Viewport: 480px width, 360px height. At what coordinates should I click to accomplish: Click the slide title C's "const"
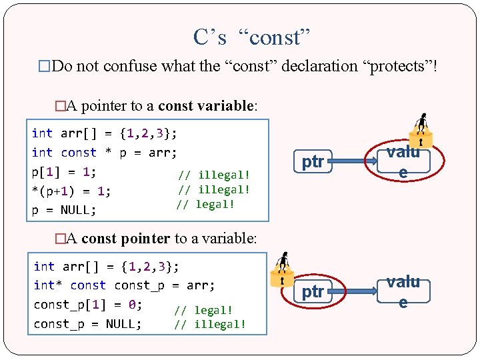tap(252, 37)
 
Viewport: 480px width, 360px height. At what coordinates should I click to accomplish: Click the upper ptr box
tap(313, 161)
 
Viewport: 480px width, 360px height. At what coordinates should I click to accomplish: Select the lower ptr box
tap(313, 291)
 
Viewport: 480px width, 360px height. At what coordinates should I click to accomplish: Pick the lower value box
tap(403, 291)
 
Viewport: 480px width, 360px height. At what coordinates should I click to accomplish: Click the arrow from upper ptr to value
tap(353, 161)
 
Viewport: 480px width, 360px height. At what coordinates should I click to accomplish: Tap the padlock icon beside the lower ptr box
tap(282, 269)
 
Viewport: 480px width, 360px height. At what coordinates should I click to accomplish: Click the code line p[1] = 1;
tap(64, 171)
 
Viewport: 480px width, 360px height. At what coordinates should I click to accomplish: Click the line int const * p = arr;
tap(104, 153)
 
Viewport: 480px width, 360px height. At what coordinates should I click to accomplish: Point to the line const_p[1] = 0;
tap(87, 305)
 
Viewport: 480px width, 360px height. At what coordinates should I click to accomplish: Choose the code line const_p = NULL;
tap(87, 324)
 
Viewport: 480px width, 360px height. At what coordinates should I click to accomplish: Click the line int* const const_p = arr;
tap(124, 285)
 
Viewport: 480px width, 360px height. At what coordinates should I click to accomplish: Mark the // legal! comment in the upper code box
tap(205, 205)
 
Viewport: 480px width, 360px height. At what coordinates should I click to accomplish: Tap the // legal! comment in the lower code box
tap(203, 310)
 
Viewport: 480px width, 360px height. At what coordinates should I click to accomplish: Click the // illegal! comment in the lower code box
tap(210, 325)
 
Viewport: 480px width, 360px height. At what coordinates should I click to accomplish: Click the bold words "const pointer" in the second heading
tap(125, 239)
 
